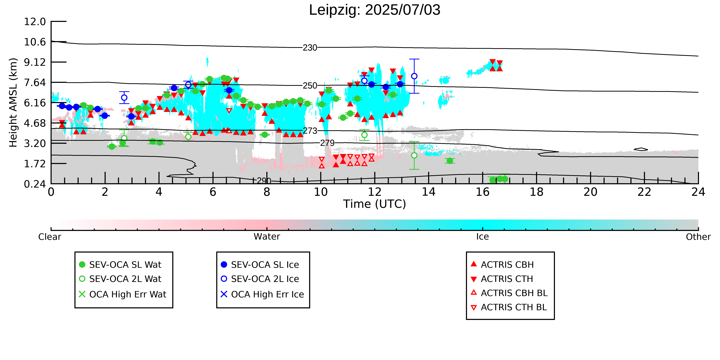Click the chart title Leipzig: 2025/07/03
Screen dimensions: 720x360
[x=375, y=10]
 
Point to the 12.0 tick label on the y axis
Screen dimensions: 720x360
[x=35, y=21]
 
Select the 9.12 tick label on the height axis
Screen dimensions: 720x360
[x=35, y=62]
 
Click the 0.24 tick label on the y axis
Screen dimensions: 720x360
[x=35, y=184]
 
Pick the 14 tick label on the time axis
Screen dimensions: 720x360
[x=428, y=192]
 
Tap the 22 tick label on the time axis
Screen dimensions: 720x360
[x=644, y=192]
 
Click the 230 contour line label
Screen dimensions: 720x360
[x=310, y=48]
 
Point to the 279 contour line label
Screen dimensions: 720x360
[x=327, y=143]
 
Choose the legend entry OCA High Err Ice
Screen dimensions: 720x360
[x=262, y=294]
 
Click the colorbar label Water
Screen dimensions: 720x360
[x=267, y=237]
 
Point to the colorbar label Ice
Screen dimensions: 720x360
[x=482, y=237]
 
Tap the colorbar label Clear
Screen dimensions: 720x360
[x=50, y=237]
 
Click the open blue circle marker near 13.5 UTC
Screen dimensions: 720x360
[x=414, y=76]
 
